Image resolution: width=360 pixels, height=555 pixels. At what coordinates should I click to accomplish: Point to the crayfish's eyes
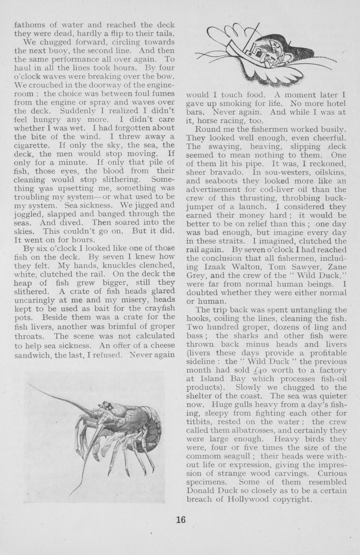click(106, 404)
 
